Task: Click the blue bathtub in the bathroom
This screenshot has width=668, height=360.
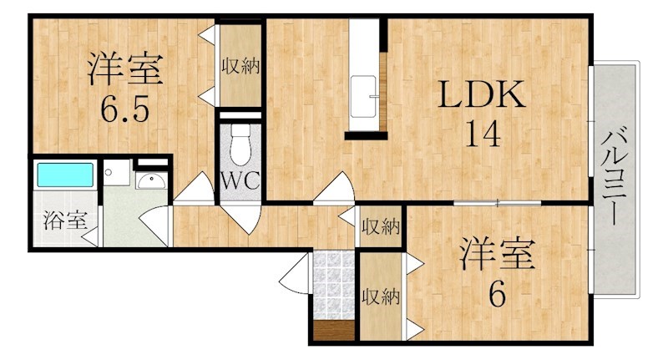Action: [x=65, y=175]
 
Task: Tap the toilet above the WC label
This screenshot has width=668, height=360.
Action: [x=240, y=145]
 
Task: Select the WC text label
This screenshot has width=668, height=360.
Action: [x=240, y=180]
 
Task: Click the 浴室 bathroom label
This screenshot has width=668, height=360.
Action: [x=65, y=221]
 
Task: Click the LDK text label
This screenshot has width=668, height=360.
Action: [x=482, y=94]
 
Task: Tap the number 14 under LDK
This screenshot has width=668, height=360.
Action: [x=483, y=134]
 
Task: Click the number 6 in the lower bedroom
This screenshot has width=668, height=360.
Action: [x=497, y=293]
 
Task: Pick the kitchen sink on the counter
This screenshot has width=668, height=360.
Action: [x=363, y=96]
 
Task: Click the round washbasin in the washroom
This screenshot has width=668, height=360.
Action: [x=151, y=181]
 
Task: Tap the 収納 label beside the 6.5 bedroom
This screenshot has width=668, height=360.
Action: [x=240, y=66]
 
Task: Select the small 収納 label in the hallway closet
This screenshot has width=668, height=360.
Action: [x=381, y=226]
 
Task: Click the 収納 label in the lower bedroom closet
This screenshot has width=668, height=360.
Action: [x=381, y=296]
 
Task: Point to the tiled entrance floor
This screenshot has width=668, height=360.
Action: [x=333, y=285]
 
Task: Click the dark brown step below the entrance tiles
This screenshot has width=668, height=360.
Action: [x=333, y=331]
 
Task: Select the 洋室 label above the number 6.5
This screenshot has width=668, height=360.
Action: [x=124, y=68]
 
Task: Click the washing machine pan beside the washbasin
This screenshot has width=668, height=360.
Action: [x=116, y=173]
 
